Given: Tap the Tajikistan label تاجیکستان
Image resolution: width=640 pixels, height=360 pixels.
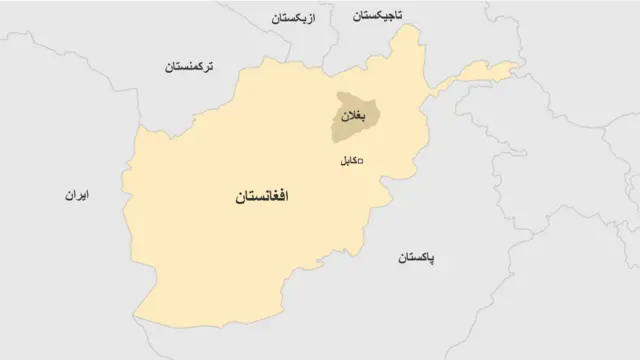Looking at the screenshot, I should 377,17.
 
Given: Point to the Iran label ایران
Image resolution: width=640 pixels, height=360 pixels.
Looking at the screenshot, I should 73,196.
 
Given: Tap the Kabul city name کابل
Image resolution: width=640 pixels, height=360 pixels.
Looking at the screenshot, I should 342,161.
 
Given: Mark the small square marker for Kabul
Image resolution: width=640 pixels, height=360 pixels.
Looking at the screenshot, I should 360,161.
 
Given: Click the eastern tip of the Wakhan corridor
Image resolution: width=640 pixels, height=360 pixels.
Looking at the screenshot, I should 521,68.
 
